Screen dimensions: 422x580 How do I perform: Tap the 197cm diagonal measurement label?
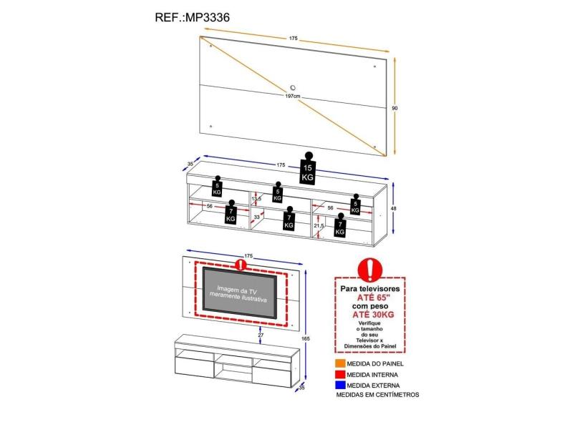292,95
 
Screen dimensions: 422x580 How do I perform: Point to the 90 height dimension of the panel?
395,108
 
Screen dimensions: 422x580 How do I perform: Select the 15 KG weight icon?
308,170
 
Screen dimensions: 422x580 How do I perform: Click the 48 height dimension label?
394,210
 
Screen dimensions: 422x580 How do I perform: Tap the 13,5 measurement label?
256,200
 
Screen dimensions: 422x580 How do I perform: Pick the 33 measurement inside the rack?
256,217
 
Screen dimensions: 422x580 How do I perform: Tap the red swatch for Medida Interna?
339,374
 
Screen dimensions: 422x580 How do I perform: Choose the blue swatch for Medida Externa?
339,385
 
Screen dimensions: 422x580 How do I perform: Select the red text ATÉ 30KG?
369,313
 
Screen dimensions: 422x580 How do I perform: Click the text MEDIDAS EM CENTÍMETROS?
377,395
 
